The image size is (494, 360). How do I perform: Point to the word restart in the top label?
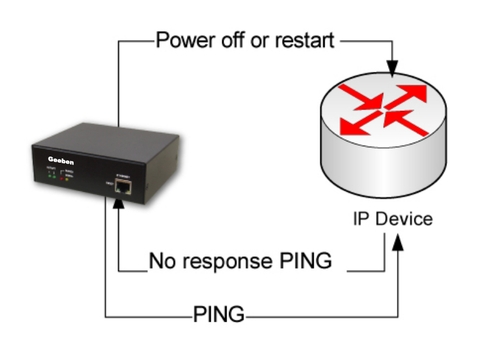pyautogui.click(x=305, y=41)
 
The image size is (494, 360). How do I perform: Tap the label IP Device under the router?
pyautogui.click(x=393, y=219)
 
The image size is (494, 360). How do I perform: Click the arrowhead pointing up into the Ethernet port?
pyautogui.click(x=119, y=202)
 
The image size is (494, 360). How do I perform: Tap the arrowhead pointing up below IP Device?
pyautogui.click(x=398, y=242)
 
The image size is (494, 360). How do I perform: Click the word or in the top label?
pyautogui.click(x=258, y=41)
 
